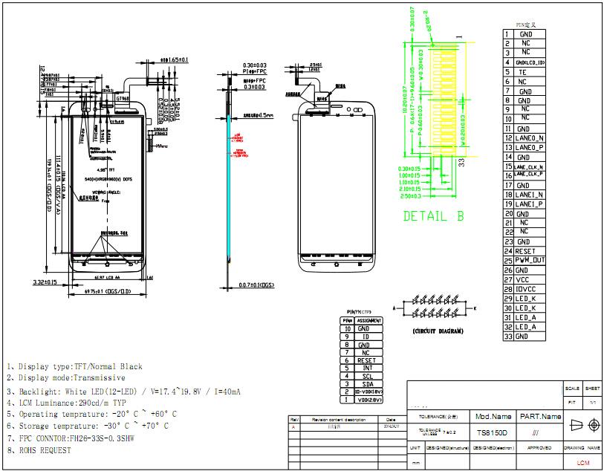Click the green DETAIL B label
(x=433, y=217)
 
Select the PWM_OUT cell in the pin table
(x=530, y=260)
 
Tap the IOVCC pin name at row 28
(x=525, y=289)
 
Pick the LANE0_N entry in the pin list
(x=529, y=137)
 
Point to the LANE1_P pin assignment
(x=529, y=204)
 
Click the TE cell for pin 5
(x=522, y=72)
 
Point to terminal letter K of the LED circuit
(x=475, y=307)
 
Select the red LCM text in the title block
(x=582, y=463)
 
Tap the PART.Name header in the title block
(x=540, y=417)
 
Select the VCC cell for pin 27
(x=523, y=279)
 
